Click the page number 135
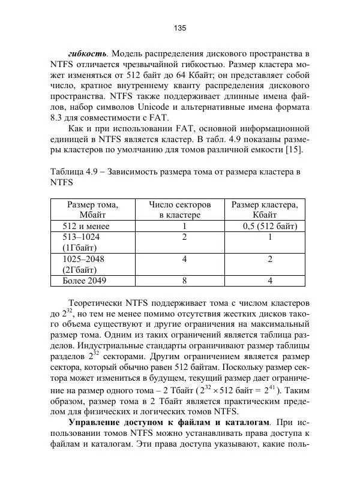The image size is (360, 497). (180, 28)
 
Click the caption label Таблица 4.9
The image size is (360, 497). (74, 171)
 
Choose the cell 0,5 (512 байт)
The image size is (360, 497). (270, 226)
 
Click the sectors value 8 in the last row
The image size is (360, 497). (185, 280)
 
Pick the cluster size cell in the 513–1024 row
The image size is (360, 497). (270, 237)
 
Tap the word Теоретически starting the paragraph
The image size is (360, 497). (97, 303)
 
